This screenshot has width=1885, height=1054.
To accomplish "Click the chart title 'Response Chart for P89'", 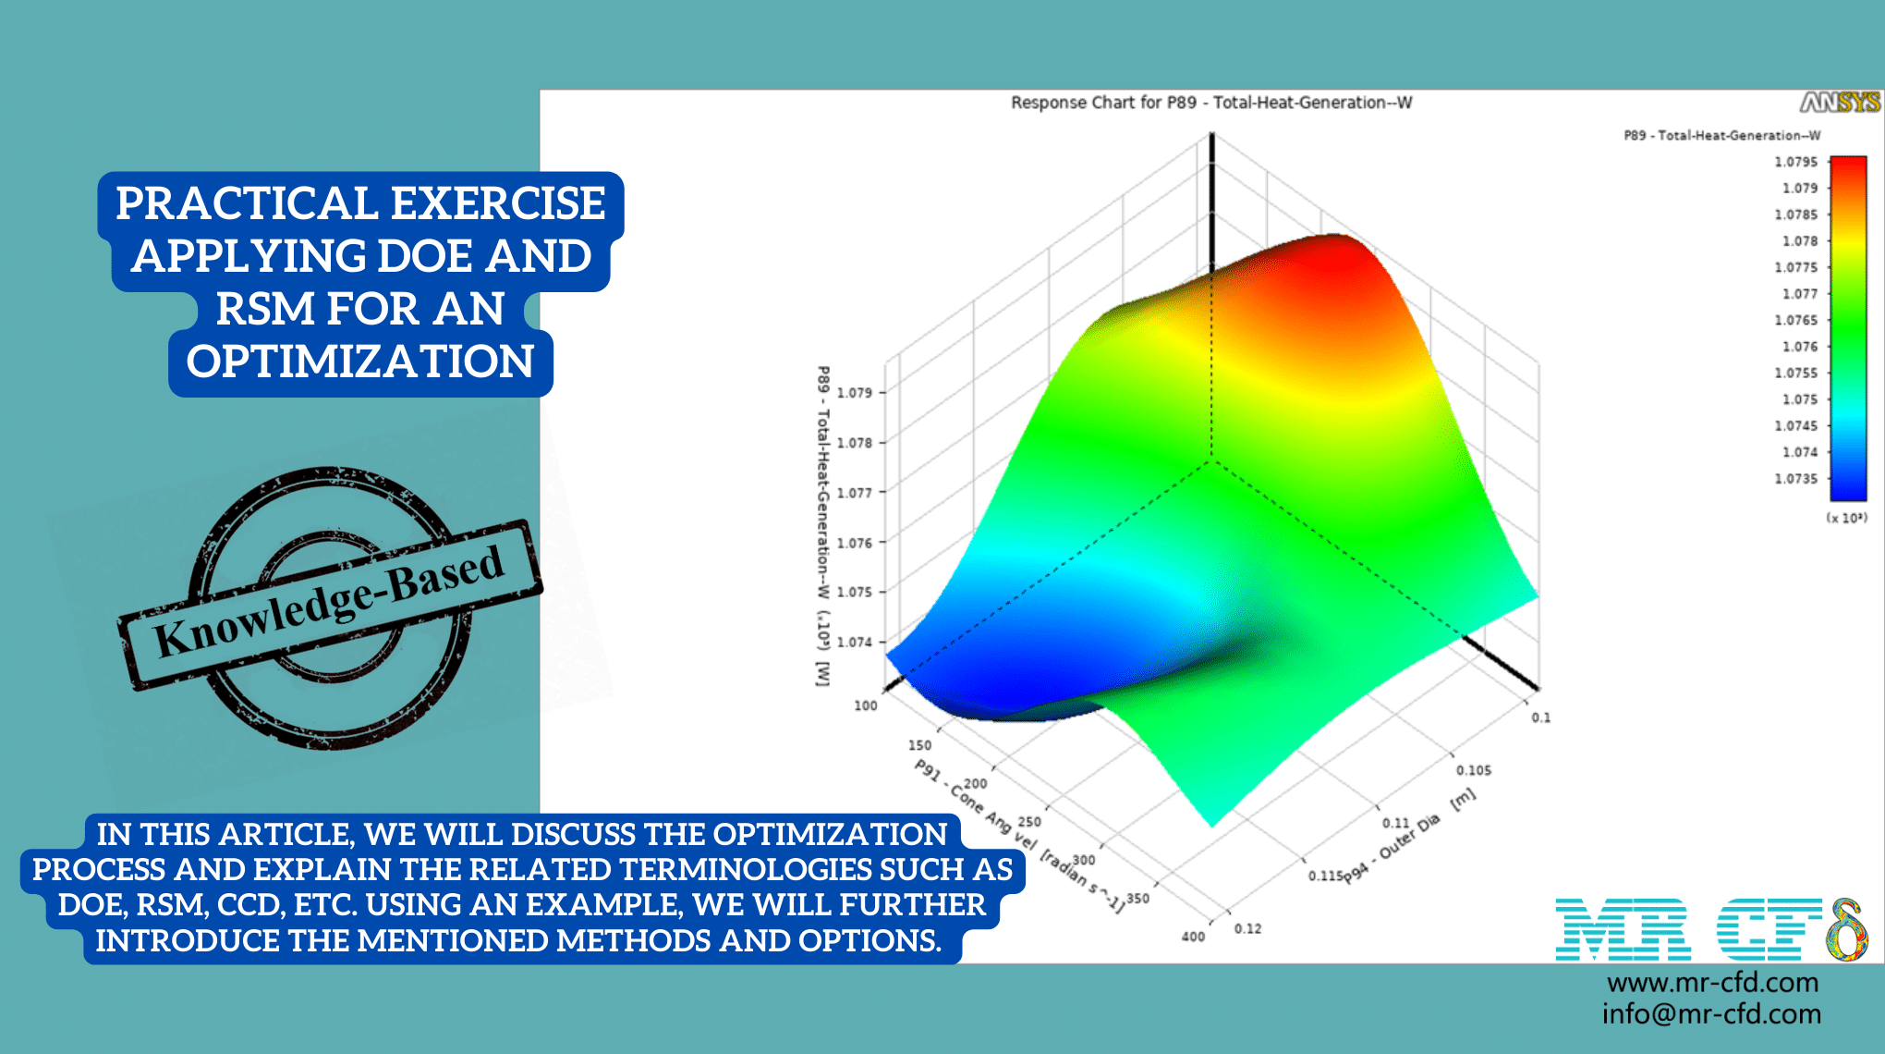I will (x=1210, y=103).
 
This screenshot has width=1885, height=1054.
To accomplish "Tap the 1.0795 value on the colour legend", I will (x=1795, y=162).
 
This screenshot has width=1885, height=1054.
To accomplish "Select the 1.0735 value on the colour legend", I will (x=1795, y=479).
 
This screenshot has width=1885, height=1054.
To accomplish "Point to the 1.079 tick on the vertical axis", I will (x=855, y=393).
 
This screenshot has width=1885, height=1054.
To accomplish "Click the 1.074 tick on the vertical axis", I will (x=855, y=642).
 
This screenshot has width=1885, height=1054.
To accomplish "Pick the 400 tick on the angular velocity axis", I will (x=1193, y=937).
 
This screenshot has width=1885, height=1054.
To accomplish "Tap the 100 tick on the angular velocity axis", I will (x=866, y=705).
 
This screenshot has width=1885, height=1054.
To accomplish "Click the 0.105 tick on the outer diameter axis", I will (x=1474, y=770).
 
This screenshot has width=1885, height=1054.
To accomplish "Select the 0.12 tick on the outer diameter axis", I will (x=1247, y=928).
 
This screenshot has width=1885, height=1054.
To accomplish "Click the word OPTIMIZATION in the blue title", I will (x=360, y=362).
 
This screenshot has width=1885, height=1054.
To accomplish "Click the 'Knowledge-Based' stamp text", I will (x=330, y=602).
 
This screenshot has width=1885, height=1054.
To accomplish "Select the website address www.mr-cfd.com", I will (x=1712, y=982).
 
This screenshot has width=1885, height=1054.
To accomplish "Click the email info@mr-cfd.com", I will (x=1711, y=1014).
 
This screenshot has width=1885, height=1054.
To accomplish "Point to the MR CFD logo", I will (x=1710, y=929).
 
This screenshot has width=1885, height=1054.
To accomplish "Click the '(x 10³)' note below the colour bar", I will (x=1846, y=518).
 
